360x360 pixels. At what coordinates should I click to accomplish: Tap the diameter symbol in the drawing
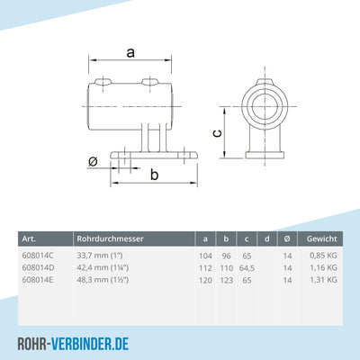click(94, 162)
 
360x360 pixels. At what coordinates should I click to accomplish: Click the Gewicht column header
click(320, 238)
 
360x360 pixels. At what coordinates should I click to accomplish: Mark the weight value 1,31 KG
click(321, 279)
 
